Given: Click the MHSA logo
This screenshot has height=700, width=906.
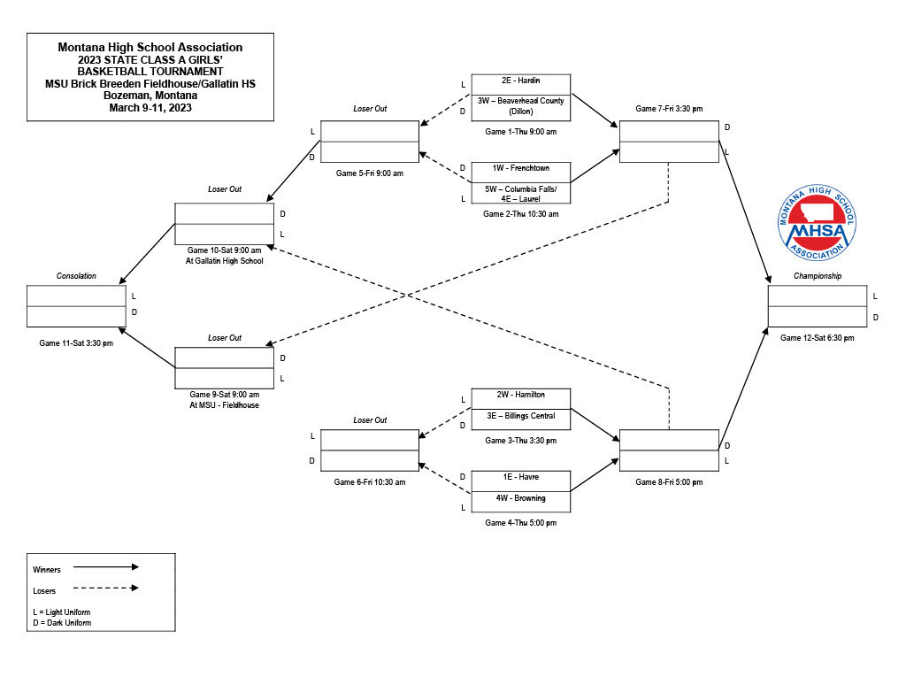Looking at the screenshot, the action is [817, 222].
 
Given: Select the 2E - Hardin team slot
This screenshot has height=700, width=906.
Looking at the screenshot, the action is [520, 84].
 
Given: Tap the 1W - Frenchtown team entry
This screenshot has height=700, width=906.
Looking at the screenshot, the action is [520, 173].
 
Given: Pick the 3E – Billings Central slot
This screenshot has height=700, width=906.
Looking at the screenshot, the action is [520, 419].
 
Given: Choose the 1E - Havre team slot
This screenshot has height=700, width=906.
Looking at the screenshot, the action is [520, 481].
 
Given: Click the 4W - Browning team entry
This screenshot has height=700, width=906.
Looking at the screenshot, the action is [520, 502].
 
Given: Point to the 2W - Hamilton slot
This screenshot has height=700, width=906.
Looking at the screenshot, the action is [520, 399].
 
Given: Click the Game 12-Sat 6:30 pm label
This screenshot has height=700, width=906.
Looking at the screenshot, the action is [817, 337].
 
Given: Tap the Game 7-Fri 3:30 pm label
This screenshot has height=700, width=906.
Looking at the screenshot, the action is [669, 108].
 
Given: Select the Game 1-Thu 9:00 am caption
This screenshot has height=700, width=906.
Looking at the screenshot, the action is [520, 131].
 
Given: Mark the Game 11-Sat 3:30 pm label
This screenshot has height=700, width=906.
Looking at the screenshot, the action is [76, 342].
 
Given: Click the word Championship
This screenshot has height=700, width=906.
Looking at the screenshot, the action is [817, 276].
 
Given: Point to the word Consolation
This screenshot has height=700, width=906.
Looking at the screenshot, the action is [76, 276].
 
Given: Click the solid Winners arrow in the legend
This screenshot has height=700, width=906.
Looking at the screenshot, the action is [106, 567].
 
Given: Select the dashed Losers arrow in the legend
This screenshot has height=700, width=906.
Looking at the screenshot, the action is [106, 588].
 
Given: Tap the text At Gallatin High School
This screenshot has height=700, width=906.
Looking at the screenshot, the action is [224, 261].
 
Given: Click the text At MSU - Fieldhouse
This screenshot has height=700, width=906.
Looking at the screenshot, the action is [224, 405].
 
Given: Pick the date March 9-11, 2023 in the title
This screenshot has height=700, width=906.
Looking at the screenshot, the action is [150, 107].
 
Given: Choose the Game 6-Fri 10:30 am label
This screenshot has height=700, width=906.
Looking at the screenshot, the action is [370, 482].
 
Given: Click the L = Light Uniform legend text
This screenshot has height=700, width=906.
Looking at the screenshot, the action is [62, 612].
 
